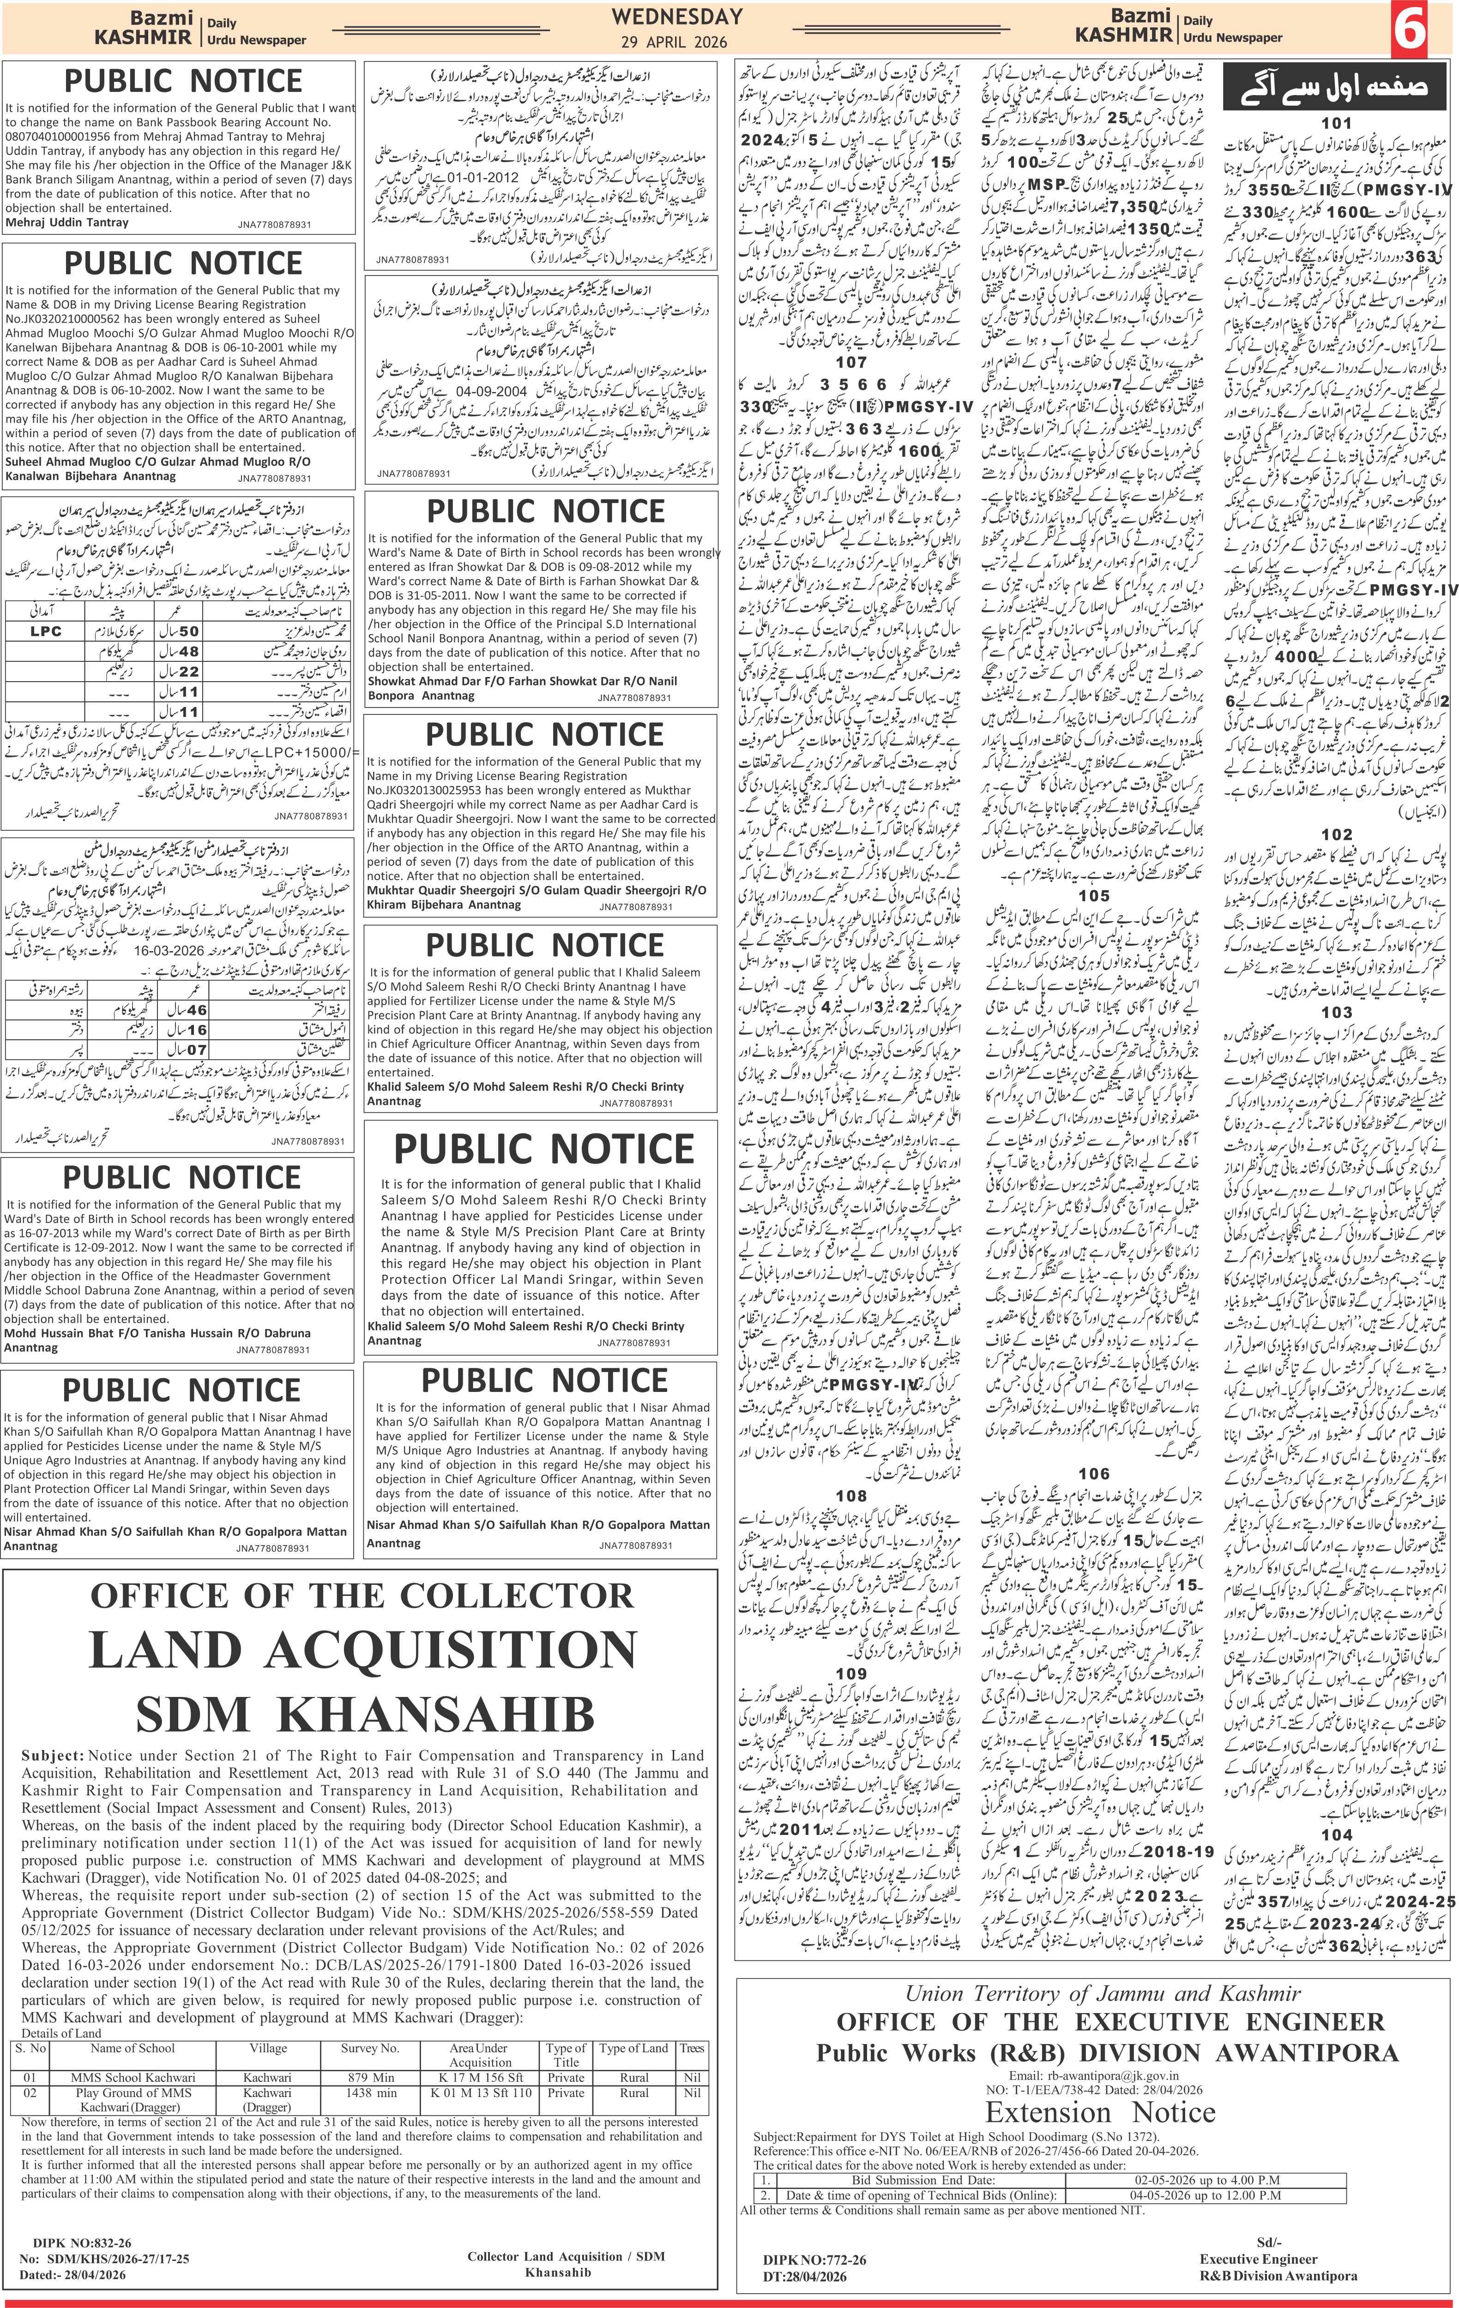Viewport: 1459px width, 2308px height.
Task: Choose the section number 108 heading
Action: point(851,1495)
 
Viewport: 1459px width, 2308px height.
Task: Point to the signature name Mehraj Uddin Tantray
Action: point(67,222)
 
